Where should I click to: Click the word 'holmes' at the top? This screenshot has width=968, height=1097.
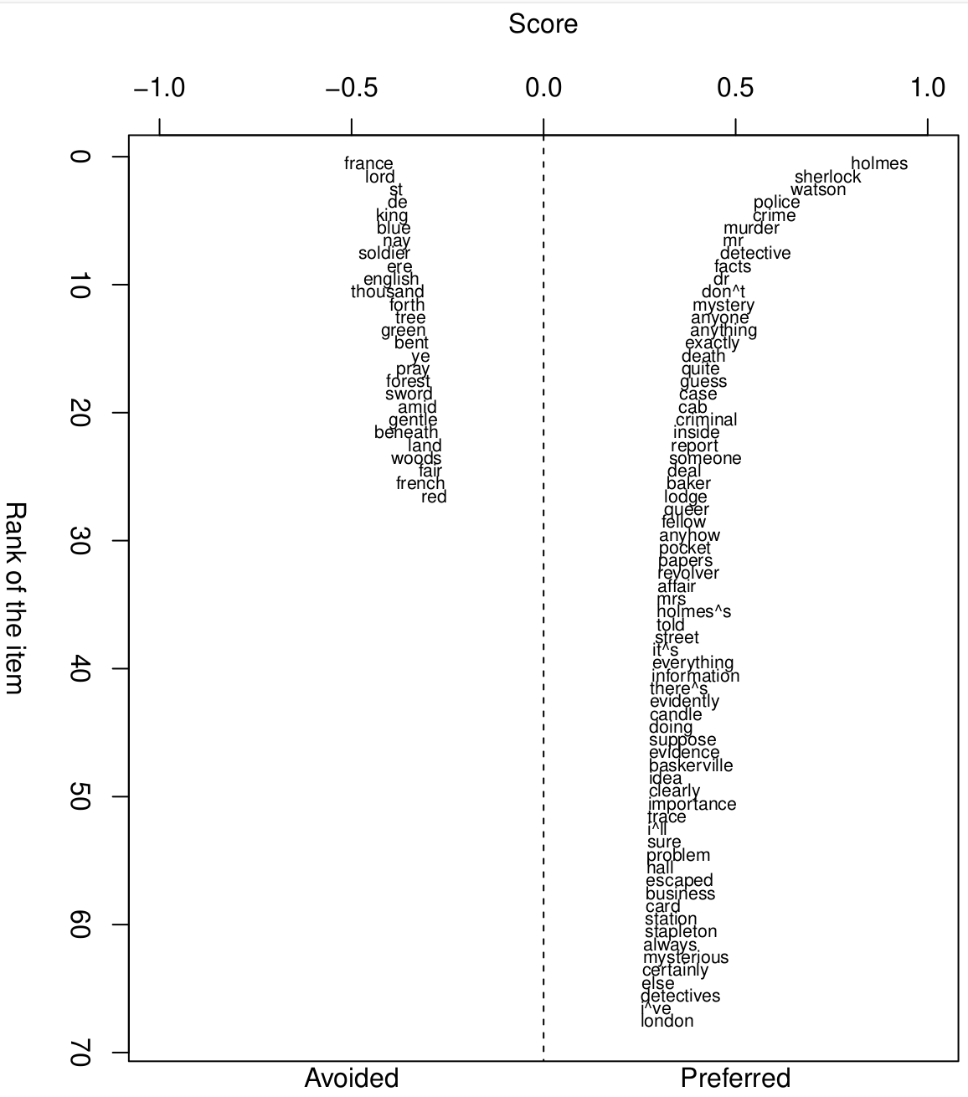pos(878,164)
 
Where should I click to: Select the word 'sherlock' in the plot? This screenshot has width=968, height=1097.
pos(827,178)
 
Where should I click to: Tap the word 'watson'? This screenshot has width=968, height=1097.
pos(818,190)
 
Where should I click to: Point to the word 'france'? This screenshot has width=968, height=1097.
pos(368,164)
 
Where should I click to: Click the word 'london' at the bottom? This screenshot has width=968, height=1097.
pos(667,1022)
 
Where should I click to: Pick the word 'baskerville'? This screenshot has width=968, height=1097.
pos(691,766)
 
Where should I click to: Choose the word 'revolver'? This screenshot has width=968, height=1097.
pos(688,574)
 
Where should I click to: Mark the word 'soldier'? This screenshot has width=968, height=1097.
pos(384,254)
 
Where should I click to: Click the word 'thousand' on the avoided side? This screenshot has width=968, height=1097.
pos(388,292)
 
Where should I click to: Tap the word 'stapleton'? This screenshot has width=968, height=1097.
pos(681,932)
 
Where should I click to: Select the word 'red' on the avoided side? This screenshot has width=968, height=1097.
pos(434,497)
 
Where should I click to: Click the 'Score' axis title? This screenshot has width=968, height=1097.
pos(543,24)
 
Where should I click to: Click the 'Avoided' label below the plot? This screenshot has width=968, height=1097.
pos(352,1078)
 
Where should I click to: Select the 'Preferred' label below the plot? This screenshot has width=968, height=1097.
pos(735,1078)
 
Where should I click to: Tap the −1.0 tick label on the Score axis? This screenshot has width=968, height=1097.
pos(159,88)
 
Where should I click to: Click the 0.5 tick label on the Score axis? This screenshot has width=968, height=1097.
pos(735,88)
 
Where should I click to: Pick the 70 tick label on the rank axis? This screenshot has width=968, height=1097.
pos(80,1053)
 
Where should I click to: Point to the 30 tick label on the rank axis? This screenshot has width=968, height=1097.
pos(80,541)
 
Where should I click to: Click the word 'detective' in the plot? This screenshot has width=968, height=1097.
pos(755,254)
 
